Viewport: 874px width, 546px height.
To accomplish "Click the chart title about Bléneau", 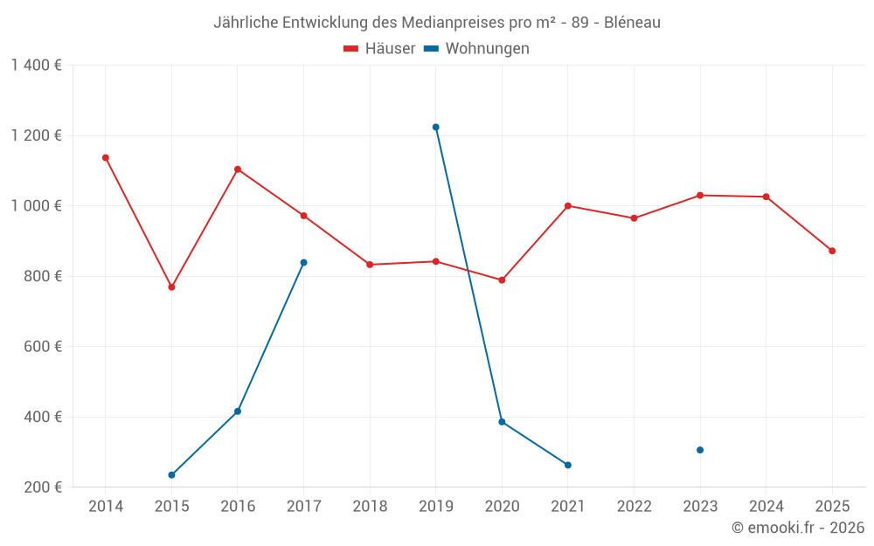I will pos(436,22).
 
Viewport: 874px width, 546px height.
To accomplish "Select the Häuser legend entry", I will pos(379,48).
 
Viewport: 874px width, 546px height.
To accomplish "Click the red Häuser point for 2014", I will pos(106,158).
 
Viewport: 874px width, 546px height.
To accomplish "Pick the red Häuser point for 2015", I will pos(171,287).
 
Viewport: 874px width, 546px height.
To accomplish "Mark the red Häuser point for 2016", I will pos(238,169).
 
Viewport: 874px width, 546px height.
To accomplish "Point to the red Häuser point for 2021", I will pos(568,206).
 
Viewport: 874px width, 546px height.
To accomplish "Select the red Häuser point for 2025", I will pos(832,251).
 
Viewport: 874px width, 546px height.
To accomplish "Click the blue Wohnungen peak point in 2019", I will pos(436,128).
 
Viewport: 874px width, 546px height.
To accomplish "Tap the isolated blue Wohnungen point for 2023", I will pos(700,450).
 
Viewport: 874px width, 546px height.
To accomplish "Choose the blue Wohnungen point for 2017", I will pos(303,263).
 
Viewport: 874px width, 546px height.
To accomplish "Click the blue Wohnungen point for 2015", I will pos(171,475).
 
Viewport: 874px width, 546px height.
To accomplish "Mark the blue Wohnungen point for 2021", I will pos(568,465).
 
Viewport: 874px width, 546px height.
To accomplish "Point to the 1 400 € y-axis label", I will pos(36,66).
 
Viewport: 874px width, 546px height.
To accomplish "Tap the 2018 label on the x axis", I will pos(370,506).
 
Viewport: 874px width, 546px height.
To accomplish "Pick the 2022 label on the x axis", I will pos(634,506).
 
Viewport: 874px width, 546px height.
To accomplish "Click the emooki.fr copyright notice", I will pos(797,528).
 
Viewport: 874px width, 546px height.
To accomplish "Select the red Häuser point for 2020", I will pos(502,280).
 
